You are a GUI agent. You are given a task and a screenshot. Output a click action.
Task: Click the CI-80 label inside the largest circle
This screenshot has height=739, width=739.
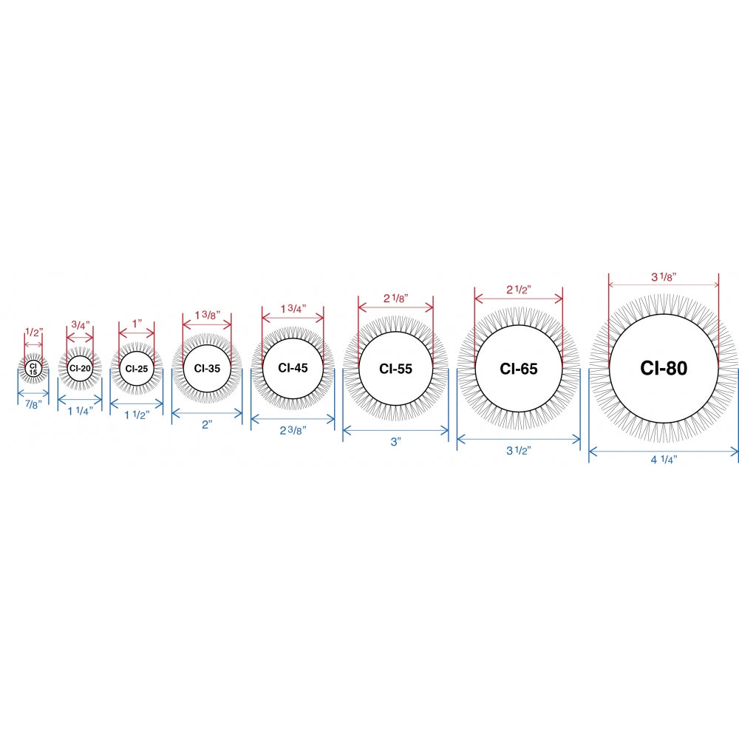(664, 368)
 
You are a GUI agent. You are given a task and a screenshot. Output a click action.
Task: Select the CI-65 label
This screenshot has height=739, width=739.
(519, 369)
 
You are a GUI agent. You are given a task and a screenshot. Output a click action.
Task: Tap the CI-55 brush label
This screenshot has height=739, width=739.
(395, 369)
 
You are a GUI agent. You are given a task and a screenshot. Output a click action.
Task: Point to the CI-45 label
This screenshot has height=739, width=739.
(293, 367)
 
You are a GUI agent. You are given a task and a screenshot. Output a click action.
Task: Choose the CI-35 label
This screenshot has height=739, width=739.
(207, 368)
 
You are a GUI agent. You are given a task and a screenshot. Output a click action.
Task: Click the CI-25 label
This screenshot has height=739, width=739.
(137, 369)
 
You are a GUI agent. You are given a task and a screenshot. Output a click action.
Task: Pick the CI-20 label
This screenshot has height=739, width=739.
(80, 368)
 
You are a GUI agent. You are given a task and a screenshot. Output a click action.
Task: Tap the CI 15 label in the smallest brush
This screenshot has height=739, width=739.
(33, 369)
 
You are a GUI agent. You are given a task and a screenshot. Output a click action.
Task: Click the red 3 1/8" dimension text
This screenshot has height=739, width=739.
(664, 277)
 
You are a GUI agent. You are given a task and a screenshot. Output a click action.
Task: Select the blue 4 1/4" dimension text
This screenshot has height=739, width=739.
(664, 460)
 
